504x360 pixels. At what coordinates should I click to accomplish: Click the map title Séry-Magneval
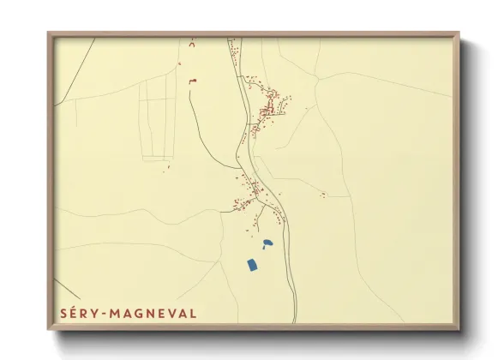pos(129,313)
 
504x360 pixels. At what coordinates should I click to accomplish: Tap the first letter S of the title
pos(64,313)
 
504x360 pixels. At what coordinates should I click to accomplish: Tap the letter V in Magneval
pos(171,313)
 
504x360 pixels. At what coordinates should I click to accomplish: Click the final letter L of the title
pos(193,313)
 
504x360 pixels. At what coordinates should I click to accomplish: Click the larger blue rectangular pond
pos(253,265)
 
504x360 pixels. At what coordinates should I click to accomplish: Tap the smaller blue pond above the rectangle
pos(267,243)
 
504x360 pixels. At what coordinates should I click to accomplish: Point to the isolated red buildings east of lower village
pos(323,195)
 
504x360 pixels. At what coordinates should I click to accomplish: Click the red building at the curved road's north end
pos(194,81)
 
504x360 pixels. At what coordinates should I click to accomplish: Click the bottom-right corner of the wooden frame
pos(458,328)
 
